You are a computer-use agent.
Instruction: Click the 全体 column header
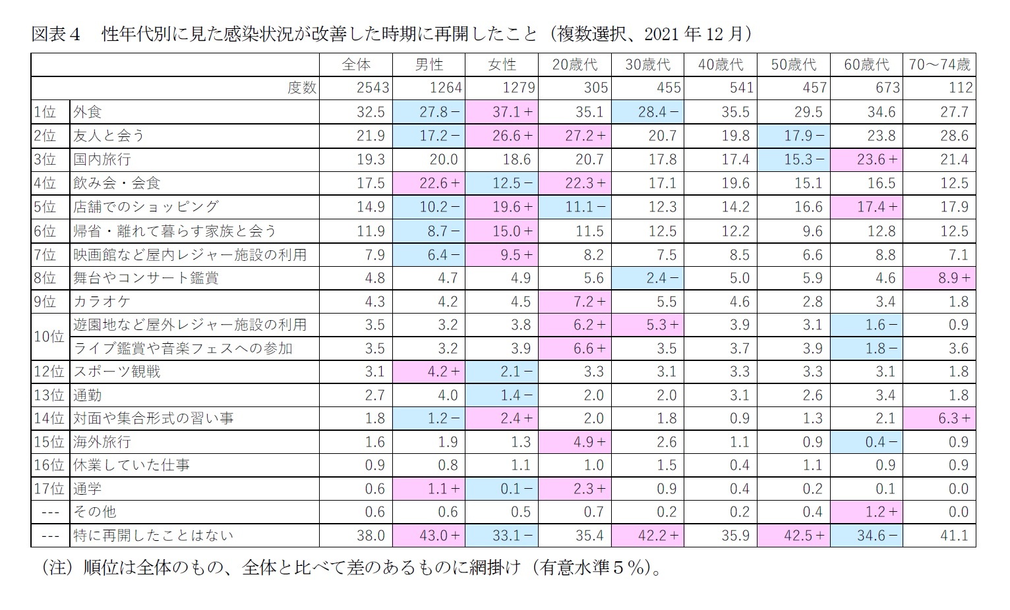click(356, 65)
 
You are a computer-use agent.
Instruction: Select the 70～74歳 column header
click(939, 65)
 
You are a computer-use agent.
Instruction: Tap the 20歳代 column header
click(574, 65)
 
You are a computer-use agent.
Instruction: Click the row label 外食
click(88, 112)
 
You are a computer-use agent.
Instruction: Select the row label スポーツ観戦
click(117, 372)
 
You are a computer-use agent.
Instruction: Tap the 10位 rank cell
click(49, 337)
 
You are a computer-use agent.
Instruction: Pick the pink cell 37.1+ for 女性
click(502, 112)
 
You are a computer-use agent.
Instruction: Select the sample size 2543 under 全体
click(372, 88)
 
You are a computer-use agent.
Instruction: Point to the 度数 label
click(302, 88)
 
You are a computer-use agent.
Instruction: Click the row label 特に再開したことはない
click(153, 536)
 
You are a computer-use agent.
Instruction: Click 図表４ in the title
click(55, 34)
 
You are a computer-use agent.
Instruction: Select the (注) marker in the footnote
click(55, 567)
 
